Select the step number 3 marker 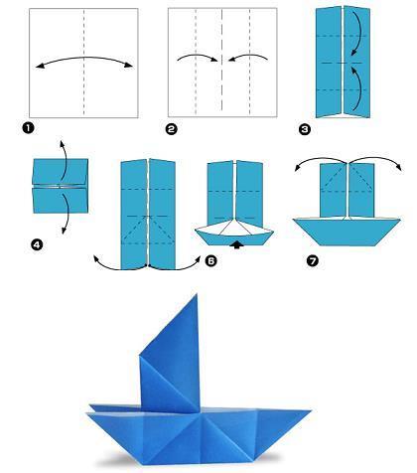pos(305,129)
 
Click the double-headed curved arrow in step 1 pos(83,61)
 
